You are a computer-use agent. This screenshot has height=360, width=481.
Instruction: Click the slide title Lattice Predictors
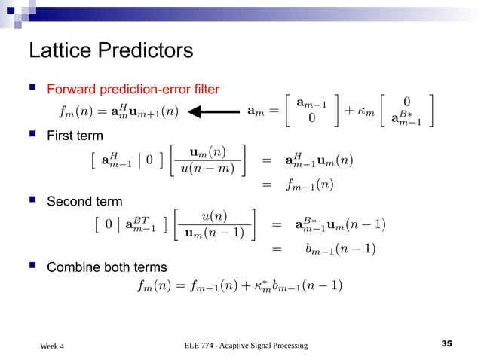111,51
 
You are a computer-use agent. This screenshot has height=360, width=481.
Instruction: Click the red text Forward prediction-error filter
133,90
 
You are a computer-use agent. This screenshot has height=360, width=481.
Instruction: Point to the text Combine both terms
107,267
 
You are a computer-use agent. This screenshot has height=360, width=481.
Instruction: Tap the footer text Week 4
52,346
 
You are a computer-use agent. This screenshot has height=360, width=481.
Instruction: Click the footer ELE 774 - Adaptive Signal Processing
246,345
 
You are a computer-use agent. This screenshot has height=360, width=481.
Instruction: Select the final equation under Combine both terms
240,285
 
